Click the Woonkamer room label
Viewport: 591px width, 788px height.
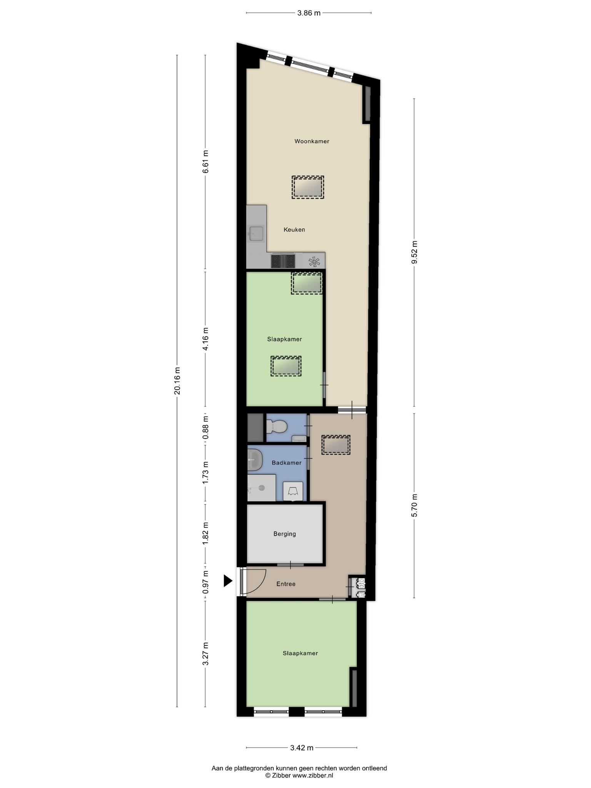(312, 141)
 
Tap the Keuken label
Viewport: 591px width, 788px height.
(294, 230)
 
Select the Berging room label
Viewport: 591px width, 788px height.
(285, 534)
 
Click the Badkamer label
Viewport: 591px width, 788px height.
(287, 462)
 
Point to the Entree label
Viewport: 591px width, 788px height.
(286, 584)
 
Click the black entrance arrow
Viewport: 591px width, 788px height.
(228, 581)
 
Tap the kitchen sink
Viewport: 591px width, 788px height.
(256, 234)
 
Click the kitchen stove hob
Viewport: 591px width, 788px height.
(283, 261)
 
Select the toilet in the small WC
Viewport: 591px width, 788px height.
(277, 426)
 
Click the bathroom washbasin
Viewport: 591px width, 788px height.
(255, 460)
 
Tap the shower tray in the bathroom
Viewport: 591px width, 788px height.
(261, 488)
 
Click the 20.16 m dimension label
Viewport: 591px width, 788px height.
(177, 381)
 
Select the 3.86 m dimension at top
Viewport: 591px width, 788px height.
(309, 13)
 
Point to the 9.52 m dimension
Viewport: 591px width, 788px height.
(414, 252)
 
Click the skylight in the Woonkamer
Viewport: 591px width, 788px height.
(308, 187)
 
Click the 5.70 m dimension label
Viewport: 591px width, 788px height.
(414, 505)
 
